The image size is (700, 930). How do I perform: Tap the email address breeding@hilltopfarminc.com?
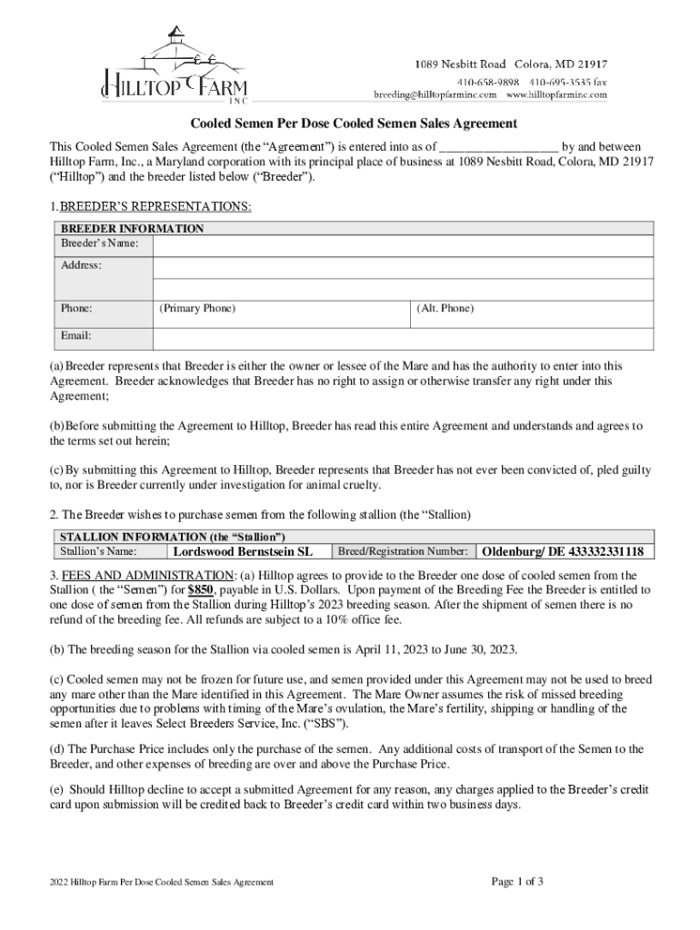click(435, 94)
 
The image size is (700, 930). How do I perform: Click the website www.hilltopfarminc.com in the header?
click(556, 94)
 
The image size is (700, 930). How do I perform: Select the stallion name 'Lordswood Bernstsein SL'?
click(243, 551)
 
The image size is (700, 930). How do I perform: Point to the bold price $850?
click(201, 589)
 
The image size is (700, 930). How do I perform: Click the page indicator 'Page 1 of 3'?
click(517, 881)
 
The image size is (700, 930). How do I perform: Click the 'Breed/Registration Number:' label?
click(403, 551)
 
